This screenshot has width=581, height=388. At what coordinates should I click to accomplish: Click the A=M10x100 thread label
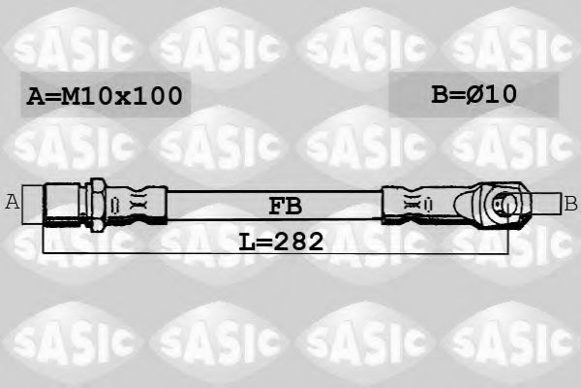[103, 96]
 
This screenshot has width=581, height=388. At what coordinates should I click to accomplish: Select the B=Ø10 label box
[474, 94]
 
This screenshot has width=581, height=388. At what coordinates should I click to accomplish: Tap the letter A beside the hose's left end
[13, 203]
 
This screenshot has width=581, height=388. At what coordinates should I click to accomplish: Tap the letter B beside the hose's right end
[570, 203]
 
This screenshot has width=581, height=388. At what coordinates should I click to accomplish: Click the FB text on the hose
[284, 206]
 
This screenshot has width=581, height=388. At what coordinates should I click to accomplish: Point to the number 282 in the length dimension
[296, 240]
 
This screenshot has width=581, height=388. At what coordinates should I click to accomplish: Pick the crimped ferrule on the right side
[412, 204]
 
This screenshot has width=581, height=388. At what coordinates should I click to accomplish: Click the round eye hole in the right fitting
[504, 204]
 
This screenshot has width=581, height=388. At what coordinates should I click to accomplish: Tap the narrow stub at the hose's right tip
[547, 204]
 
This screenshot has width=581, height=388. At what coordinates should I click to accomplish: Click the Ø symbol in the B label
[478, 94]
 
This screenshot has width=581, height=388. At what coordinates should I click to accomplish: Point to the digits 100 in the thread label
[158, 96]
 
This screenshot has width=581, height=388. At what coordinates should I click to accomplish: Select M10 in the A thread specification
[84, 96]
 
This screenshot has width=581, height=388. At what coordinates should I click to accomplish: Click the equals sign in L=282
[266, 240]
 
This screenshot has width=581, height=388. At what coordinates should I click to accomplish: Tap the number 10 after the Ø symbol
[504, 94]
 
